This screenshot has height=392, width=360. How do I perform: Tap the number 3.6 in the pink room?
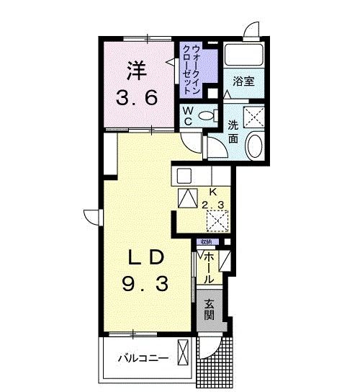138,98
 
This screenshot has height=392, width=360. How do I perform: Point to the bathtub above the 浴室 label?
243,55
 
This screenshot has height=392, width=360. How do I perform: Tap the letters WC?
186,115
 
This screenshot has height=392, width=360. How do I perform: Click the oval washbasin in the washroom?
254,146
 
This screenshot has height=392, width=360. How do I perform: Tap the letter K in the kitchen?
212,192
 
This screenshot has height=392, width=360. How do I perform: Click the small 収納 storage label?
206,242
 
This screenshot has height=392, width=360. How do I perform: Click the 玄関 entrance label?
209,310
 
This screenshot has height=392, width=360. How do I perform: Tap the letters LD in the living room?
148,257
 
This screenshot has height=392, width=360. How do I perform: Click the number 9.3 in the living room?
147,285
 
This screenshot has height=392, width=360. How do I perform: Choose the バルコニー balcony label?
144,358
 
